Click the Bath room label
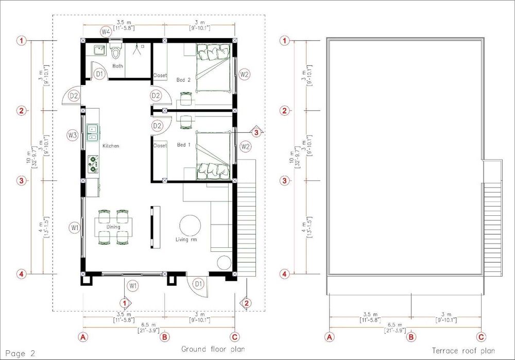(117, 66)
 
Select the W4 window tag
(106, 32)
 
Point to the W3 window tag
(72, 135)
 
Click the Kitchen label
(111, 146)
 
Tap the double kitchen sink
(93, 133)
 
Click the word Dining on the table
(113, 227)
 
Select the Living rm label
(186, 239)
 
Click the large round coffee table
(190, 226)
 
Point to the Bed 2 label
(183, 80)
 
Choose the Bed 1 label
(184, 145)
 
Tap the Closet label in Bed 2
(160, 76)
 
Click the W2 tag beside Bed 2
(244, 74)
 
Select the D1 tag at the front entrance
(198, 284)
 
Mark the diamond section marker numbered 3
(256, 132)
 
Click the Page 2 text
(20, 353)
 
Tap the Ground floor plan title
(213, 349)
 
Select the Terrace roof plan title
(463, 351)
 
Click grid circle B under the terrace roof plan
(411, 337)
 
